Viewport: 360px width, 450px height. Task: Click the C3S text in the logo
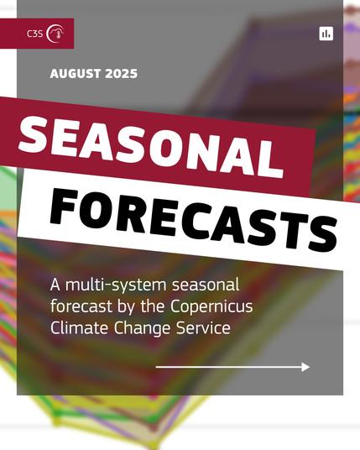34,34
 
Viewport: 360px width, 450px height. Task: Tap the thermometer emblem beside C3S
55,34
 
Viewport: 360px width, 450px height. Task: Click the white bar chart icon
326,34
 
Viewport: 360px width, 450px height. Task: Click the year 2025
122,74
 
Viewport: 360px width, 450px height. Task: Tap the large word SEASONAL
151,146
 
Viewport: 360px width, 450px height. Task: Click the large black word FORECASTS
194,221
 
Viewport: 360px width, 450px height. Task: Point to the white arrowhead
305,367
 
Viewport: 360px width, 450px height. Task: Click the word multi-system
116,285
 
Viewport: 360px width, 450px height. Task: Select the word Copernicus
211,306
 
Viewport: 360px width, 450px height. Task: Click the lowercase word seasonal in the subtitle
206,285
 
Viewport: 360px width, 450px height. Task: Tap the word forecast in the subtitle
81,306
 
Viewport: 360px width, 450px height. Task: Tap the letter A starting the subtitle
55,285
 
